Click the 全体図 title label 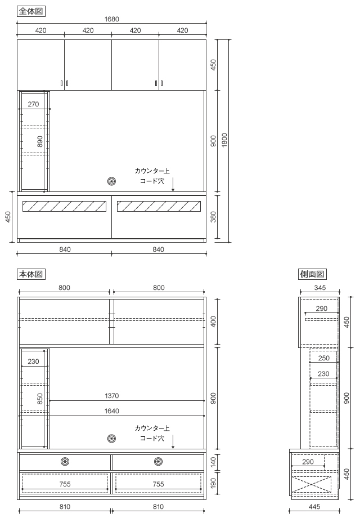[31, 11]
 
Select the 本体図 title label [31, 274]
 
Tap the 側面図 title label [312, 274]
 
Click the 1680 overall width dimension [112, 19]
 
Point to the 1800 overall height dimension [224, 140]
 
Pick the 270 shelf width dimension [33, 104]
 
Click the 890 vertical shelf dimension [40, 141]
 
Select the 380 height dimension [214, 217]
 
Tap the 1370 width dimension [112, 396]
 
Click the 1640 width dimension [112, 411]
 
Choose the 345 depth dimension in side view [320, 288]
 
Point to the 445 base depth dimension [314, 506]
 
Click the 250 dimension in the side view [323, 358]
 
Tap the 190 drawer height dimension [214, 483]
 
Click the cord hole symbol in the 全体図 [112, 181]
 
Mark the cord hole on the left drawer [65, 461]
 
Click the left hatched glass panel [64, 206]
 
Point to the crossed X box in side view [311, 484]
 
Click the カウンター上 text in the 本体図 [152, 428]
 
